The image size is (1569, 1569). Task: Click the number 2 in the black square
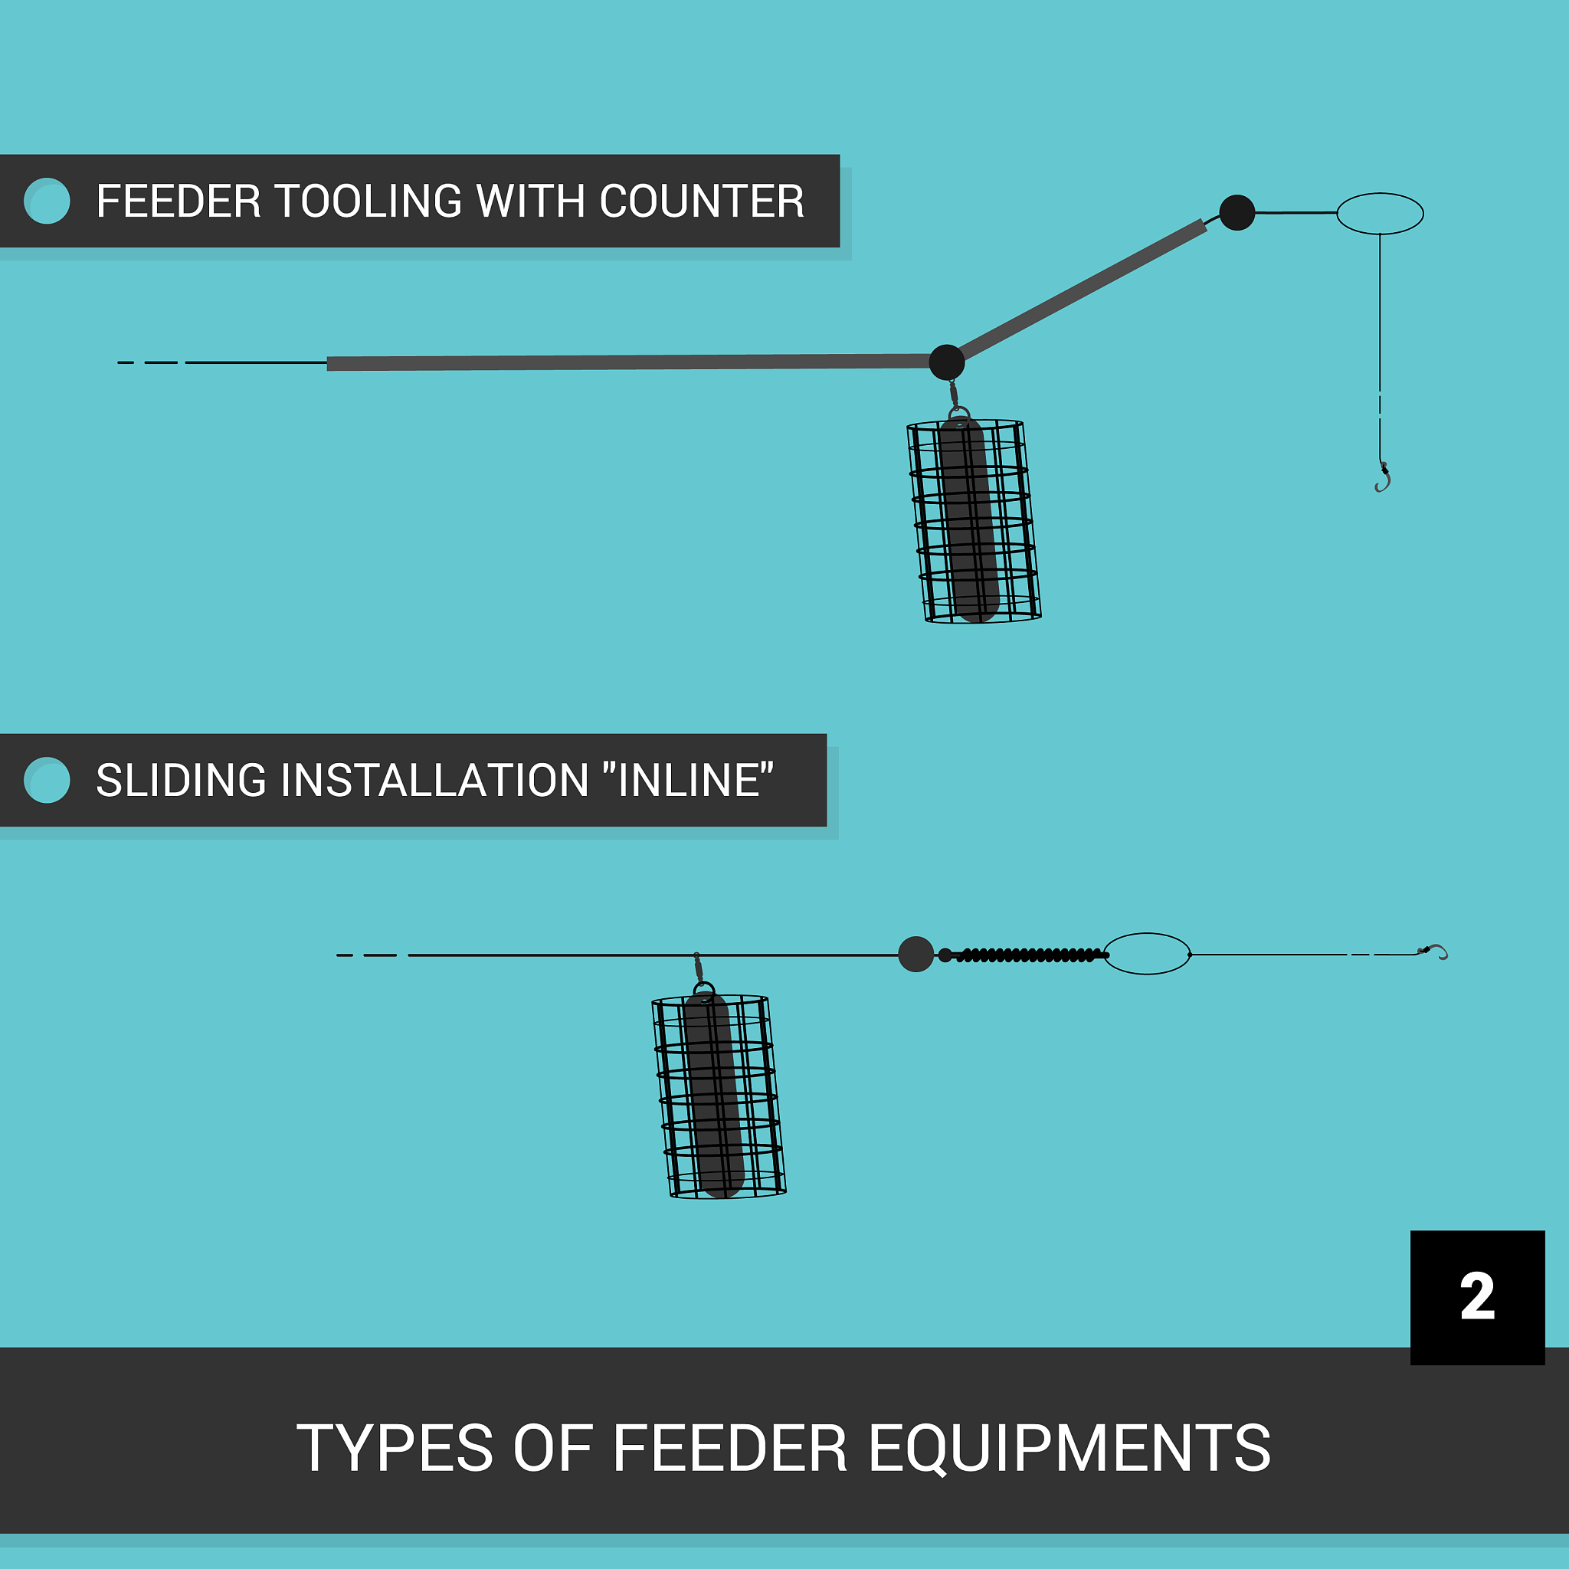click(x=1476, y=1296)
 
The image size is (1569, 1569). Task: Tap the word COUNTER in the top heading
click(x=702, y=201)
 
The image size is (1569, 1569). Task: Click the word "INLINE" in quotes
click(x=689, y=781)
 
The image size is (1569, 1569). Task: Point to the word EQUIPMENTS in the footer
click(x=1069, y=1449)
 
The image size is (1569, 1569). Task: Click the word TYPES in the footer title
click(x=395, y=1449)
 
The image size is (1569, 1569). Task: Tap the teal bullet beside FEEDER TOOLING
click(x=47, y=201)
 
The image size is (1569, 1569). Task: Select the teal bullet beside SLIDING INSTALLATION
click(x=47, y=781)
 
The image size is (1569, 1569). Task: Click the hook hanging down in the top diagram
click(x=1383, y=478)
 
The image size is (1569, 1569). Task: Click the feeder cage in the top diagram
click(x=974, y=522)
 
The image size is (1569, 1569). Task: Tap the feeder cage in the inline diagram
click(x=719, y=1096)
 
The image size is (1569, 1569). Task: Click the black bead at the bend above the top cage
click(x=947, y=362)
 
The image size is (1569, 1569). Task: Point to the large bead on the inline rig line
click(x=916, y=955)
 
